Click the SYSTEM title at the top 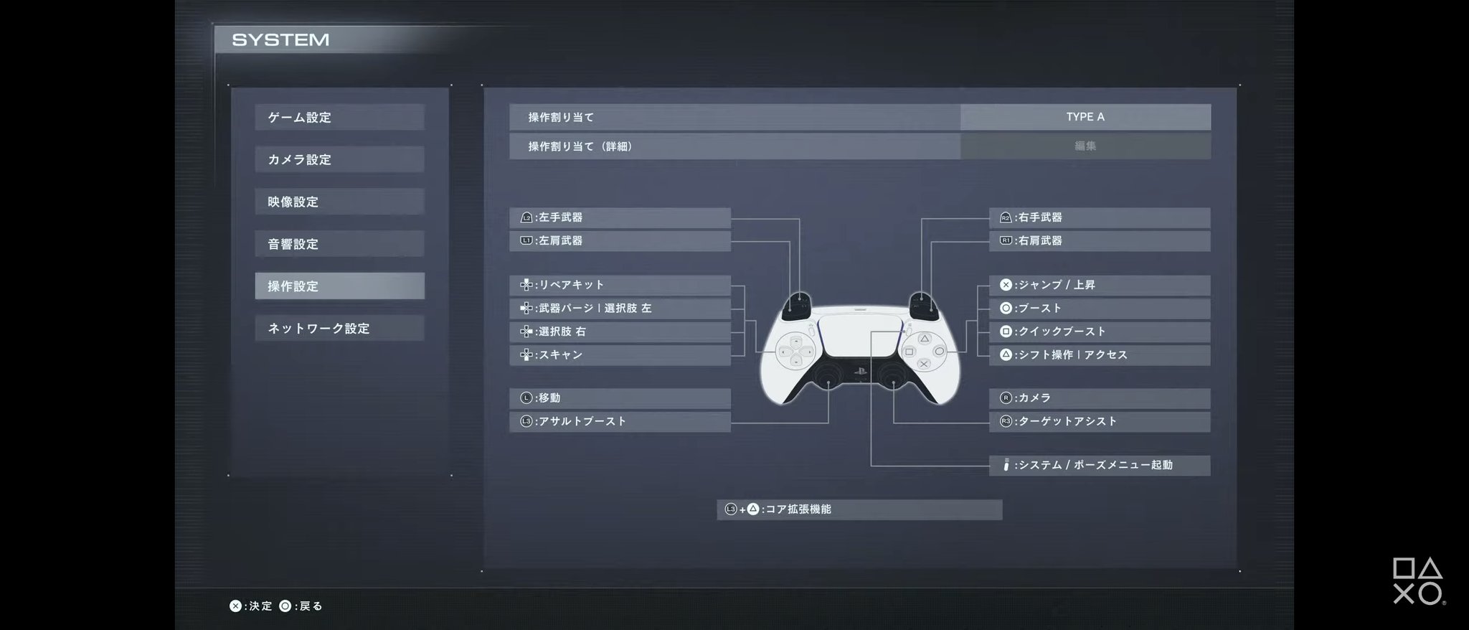click(x=280, y=40)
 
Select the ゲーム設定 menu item click(x=339, y=118)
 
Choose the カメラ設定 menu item click(x=339, y=159)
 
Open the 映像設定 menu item click(x=339, y=202)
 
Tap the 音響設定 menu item click(x=339, y=244)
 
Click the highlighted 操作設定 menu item click(x=339, y=286)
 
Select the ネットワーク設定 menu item click(x=339, y=329)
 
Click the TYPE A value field click(x=1085, y=117)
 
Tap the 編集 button click(x=1085, y=146)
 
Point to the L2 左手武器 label click(x=620, y=217)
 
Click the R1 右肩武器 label click(x=1100, y=241)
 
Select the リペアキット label click(x=620, y=285)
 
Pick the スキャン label click(x=620, y=355)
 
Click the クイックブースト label click(x=1100, y=332)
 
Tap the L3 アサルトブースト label click(x=620, y=421)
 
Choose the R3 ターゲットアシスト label click(x=1100, y=421)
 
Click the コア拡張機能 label click(x=859, y=509)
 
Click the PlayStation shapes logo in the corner click(x=1418, y=580)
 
